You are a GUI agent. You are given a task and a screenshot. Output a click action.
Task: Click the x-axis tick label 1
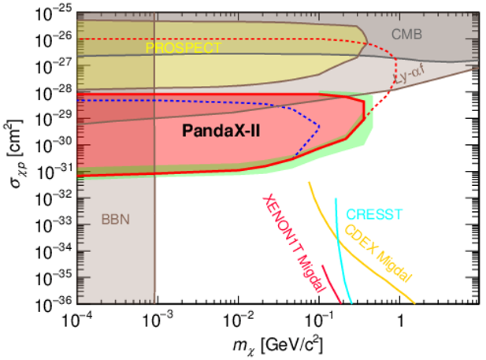pyautogui.click(x=401, y=321)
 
